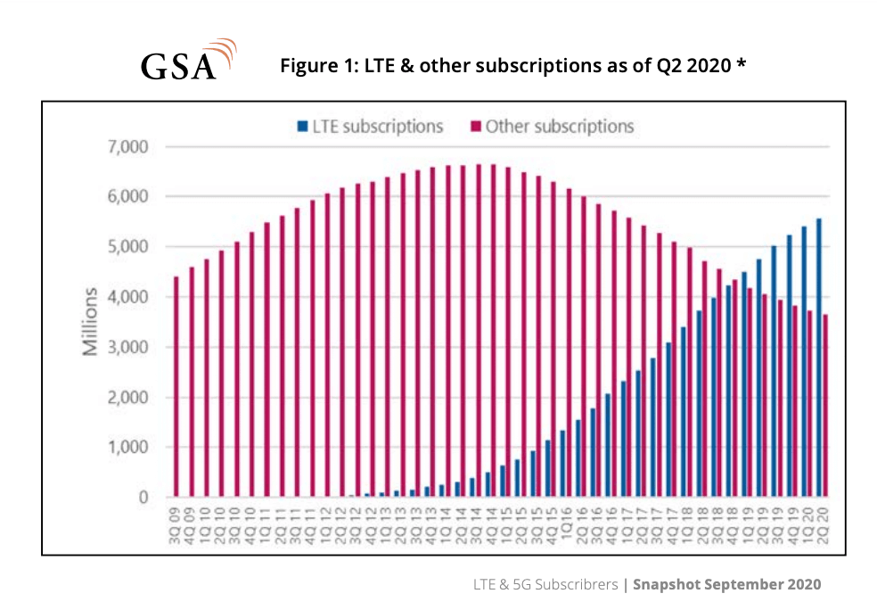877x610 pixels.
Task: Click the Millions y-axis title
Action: pyautogui.click(x=91, y=322)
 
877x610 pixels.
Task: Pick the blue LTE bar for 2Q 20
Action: pyautogui.click(x=818, y=358)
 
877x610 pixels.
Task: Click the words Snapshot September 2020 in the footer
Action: pyautogui.click(x=726, y=585)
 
